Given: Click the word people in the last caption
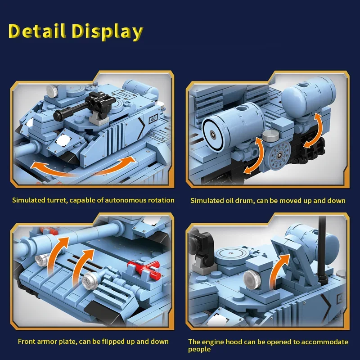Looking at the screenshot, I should point(199,349).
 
